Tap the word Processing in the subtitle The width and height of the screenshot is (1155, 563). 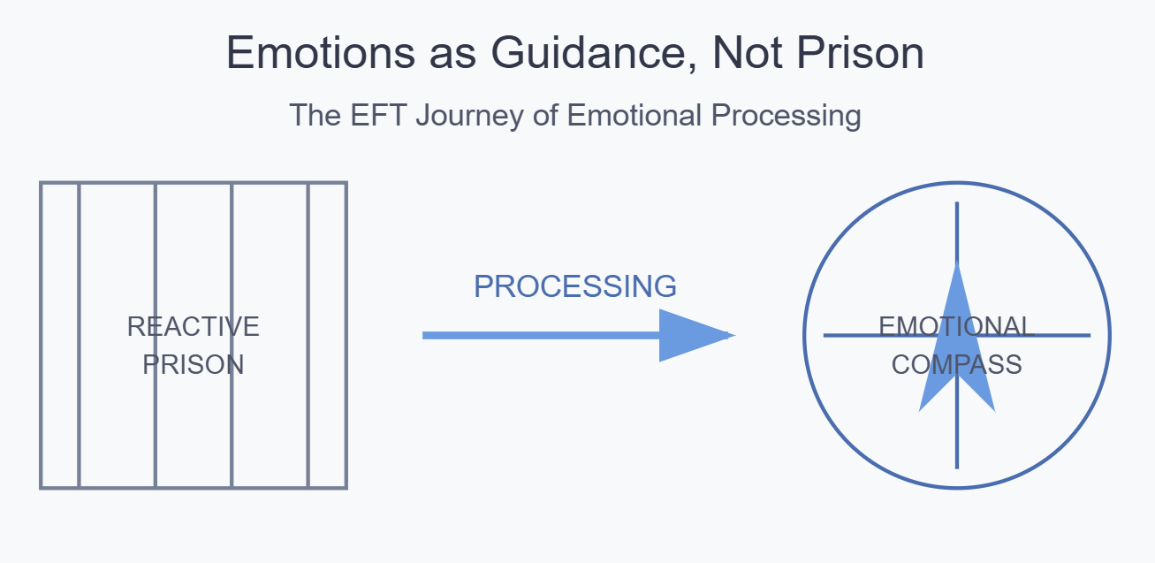coord(788,116)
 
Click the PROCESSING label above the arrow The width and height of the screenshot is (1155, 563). coord(575,286)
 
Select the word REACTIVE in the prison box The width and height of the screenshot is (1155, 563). coord(194,327)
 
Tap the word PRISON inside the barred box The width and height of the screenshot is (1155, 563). coord(194,365)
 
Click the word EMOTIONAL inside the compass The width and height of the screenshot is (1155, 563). coord(957,327)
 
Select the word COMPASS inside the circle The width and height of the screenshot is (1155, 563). coord(957,365)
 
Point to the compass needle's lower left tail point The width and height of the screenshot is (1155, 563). coord(921,410)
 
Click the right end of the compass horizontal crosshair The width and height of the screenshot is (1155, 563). coord(1088,336)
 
